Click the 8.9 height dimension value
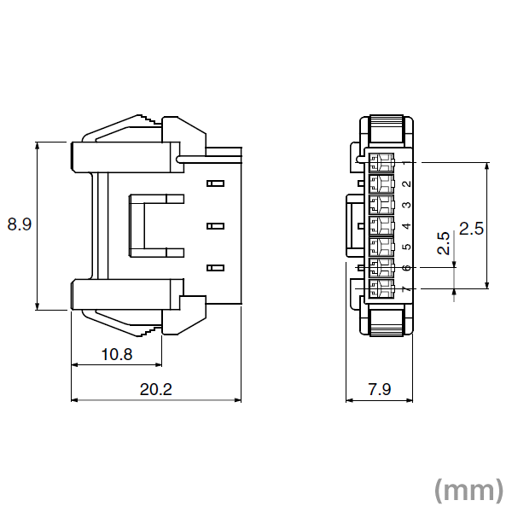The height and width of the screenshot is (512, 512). point(20,225)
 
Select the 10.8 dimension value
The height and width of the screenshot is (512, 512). point(116,354)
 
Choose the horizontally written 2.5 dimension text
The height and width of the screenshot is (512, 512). point(471,228)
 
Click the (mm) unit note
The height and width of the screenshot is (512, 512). point(468,489)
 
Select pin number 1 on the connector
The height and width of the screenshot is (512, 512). point(407,162)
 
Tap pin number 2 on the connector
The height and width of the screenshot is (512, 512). point(407,183)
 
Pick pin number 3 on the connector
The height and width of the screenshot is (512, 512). point(407,205)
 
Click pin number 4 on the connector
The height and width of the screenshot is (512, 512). point(407,226)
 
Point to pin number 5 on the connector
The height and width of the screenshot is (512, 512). point(407,247)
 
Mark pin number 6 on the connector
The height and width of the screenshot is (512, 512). point(407,269)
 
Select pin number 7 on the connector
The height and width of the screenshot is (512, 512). point(407,290)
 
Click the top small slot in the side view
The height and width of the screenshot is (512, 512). point(214,183)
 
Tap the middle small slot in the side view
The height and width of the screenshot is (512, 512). point(214,226)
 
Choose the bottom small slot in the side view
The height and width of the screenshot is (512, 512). point(214,268)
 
